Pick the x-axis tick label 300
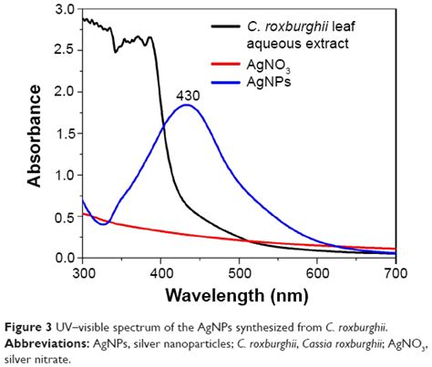point(83,272)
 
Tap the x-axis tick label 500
point(240,272)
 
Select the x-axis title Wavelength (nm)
point(239,296)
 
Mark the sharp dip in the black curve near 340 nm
point(115,51)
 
